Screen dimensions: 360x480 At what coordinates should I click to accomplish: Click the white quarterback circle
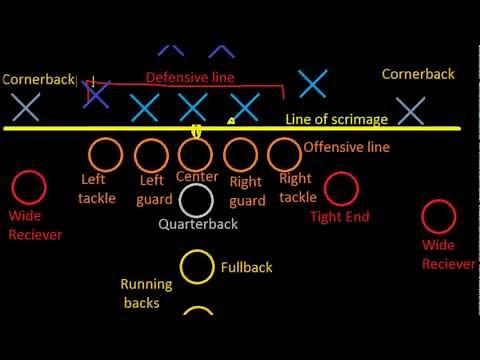197,199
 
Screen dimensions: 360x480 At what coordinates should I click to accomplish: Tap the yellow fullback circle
197,267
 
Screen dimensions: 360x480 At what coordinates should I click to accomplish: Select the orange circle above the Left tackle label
104,155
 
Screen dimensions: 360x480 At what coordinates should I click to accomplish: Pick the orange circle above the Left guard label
151,155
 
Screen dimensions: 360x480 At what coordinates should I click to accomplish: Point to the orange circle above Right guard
240,154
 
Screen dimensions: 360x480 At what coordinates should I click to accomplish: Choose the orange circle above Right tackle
284,154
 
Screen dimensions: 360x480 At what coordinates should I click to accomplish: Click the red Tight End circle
342,187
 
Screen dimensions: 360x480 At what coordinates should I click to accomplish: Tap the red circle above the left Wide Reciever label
28,188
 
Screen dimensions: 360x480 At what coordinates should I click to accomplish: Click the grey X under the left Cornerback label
25,106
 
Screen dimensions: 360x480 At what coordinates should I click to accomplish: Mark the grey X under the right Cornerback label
408,110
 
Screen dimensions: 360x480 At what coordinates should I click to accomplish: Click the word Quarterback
198,224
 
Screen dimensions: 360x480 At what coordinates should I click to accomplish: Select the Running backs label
146,293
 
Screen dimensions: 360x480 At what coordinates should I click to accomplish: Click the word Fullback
246,268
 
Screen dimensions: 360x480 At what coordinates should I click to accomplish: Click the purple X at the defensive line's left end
96,94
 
